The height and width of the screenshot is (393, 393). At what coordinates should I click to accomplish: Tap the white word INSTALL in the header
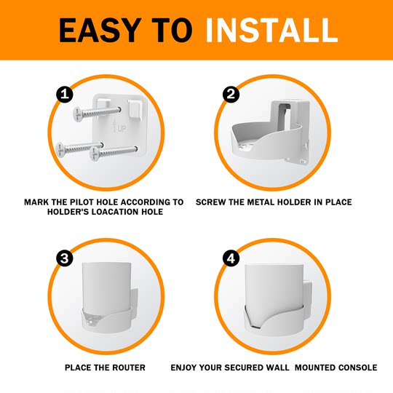click(271, 30)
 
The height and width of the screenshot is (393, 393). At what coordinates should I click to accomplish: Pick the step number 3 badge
click(63, 258)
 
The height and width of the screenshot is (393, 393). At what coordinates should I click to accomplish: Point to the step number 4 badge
click(231, 258)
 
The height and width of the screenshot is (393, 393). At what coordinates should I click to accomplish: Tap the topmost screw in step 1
click(95, 112)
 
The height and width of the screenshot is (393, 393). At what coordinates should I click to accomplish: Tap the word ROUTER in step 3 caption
click(127, 368)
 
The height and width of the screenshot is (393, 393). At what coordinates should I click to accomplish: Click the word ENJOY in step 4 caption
click(186, 368)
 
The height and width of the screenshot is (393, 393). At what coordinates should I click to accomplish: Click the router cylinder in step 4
click(274, 287)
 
